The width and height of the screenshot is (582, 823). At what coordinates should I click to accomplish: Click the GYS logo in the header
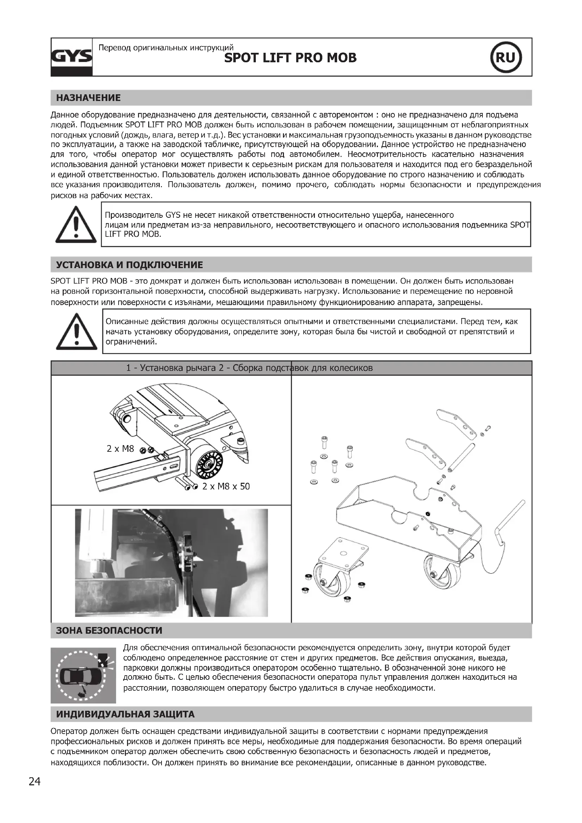point(72,57)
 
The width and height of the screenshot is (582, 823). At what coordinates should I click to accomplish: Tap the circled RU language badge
point(506,57)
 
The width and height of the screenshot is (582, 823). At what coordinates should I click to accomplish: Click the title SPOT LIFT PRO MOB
point(290,58)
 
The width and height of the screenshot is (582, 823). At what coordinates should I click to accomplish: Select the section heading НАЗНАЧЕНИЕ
point(89,98)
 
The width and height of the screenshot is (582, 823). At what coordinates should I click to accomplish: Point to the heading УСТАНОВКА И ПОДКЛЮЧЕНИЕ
point(129,265)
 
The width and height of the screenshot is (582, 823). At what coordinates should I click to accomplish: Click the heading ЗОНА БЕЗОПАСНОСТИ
point(109,631)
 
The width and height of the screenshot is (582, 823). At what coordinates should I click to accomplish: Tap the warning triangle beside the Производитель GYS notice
point(76,224)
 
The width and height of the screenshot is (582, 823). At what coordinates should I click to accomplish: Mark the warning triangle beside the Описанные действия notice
point(76,331)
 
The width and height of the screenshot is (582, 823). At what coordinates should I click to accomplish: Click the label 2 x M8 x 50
point(226,486)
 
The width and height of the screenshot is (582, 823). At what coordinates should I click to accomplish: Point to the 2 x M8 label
point(120,448)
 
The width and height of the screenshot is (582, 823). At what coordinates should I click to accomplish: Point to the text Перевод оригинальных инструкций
point(166,48)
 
